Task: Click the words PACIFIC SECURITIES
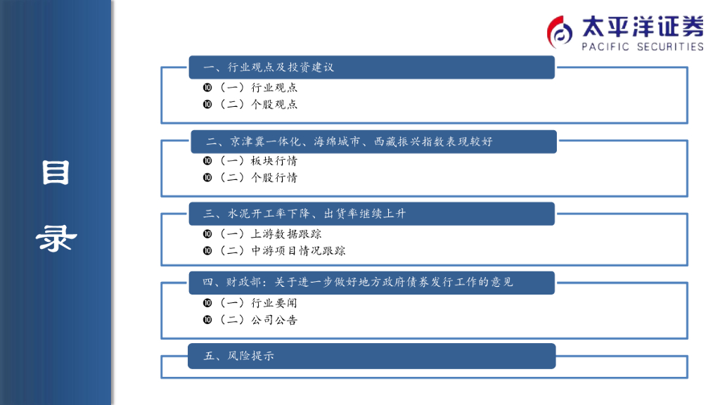pos(642,46)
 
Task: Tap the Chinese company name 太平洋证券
pos(642,27)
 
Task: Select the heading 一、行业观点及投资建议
pos(268,67)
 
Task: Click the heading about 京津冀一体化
pos(349,142)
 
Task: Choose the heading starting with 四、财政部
pos(358,283)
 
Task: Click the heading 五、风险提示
pos(239,356)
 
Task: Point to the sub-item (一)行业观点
pos(256,88)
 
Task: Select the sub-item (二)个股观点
pos(256,104)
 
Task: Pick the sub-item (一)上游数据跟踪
pos(268,234)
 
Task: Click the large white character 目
pos(56,172)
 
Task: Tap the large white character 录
pos(56,239)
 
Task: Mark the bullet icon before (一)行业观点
pos(207,88)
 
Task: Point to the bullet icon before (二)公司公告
pos(207,320)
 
